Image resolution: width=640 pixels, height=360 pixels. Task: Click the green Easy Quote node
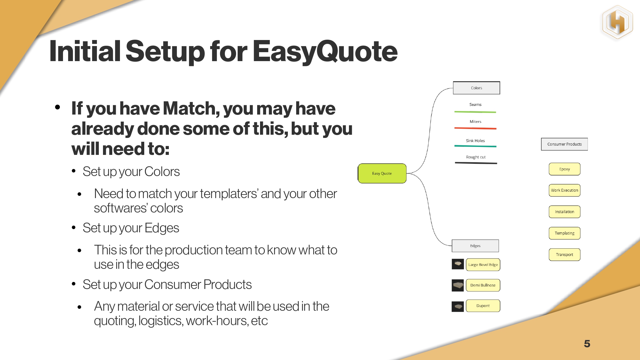[x=382, y=173]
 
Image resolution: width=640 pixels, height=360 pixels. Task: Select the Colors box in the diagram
[x=476, y=88]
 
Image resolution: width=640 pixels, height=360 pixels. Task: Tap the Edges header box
[x=475, y=246]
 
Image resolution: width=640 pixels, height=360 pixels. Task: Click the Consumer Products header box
[x=565, y=144]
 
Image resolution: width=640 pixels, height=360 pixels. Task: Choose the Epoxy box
[x=565, y=169]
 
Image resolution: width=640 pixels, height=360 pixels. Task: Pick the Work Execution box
[x=565, y=190]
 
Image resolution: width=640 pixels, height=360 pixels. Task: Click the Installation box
[x=565, y=212]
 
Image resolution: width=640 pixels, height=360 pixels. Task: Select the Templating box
[x=565, y=233]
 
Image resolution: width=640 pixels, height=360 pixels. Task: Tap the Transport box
[x=565, y=255]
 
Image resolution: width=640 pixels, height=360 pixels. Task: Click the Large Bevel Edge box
[x=483, y=265]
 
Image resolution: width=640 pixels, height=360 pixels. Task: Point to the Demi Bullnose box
[x=483, y=285]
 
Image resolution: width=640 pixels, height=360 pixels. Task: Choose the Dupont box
[x=483, y=306]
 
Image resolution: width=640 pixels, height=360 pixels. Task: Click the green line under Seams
[x=475, y=112]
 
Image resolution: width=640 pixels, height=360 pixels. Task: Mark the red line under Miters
[x=475, y=128]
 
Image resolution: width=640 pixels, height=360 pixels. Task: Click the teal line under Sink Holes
[x=475, y=146]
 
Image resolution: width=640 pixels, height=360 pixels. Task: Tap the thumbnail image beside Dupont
[x=458, y=307]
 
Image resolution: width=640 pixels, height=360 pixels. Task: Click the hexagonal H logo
[x=617, y=22]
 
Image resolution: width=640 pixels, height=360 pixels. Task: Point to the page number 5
[x=587, y=344]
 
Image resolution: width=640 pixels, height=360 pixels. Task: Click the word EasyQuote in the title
[x=325, y=51]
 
